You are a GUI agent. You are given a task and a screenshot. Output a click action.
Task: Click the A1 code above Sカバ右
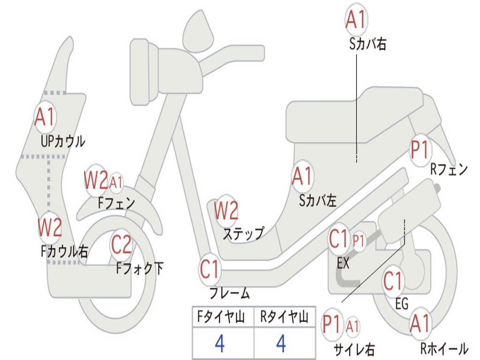(x=355, y=19)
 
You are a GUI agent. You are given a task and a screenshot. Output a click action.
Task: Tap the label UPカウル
(x=63, y=141)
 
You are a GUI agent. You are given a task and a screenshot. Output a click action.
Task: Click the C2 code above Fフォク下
(x=121, y=244)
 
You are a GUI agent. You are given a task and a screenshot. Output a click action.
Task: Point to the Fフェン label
(x=116, y=203)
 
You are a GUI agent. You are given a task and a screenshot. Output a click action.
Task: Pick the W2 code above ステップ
(x=226, y=210)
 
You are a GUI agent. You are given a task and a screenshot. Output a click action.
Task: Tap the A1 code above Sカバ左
(x=302, y=177)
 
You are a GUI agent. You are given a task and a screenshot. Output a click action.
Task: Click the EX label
(x=344, y=263)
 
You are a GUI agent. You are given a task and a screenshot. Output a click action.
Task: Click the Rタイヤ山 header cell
(x=284, y=318)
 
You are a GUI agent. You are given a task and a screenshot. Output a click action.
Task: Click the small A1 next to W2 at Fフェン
(x=116, y=182)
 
